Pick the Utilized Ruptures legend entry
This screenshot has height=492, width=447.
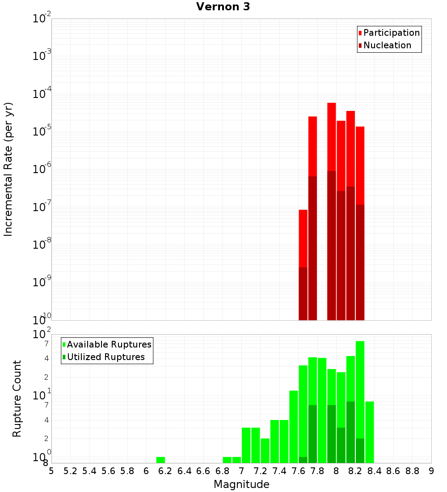click(x=105, y=357)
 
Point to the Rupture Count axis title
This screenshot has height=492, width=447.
click(x=17, y=398)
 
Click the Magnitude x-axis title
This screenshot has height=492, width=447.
click(x=241, y=484)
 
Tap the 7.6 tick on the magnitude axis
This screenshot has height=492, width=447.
click(x=298, y=471)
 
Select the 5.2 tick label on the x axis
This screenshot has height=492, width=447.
click(x=70, y=471)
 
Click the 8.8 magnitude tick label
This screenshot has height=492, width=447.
click(x=412, y=471)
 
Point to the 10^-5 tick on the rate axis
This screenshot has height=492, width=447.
click(x=42, y=131)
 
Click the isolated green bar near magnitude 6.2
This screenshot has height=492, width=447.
click(x=160, y=460)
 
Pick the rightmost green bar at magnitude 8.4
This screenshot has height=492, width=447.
click(x=370, y=432)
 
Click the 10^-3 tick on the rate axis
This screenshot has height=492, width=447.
click(x=42, y=56)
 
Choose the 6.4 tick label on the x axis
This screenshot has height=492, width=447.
click(x=184, y=471)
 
